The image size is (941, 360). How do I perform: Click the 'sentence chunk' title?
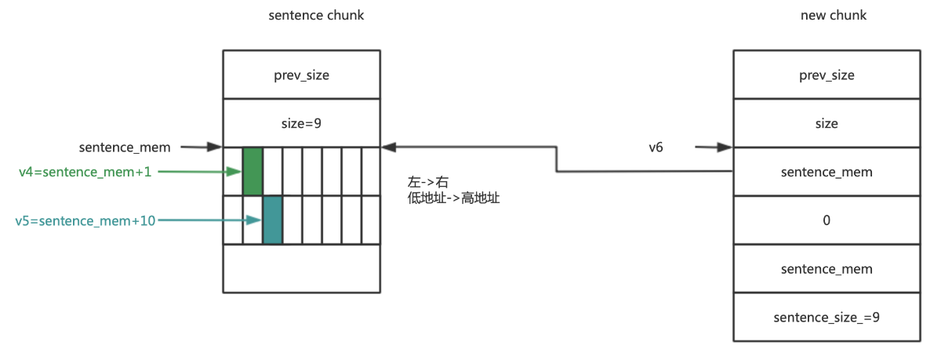[316, 16]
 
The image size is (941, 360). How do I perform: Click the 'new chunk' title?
[833, 16]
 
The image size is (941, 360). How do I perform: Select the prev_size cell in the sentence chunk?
[302, 75]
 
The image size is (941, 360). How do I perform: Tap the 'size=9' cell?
[302, 123]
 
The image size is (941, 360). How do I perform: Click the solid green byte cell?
[253, 171]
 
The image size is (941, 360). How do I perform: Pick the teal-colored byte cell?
[272, 220]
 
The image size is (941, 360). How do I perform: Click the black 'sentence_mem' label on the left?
[125, 147]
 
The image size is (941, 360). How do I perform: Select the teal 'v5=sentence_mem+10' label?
[85, 221]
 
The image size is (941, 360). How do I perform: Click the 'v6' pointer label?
[656, 147]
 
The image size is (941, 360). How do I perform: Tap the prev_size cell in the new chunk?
[827, 75]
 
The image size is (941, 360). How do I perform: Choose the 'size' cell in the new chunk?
[827, 123]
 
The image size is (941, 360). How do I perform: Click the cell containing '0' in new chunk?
[827, 220]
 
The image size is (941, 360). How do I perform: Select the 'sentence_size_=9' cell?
[827, 317]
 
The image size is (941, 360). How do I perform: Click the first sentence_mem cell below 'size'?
[827, 172]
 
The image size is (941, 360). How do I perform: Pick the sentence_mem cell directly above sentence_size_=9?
[827, 269]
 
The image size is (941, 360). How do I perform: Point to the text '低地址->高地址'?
[449, 199]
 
